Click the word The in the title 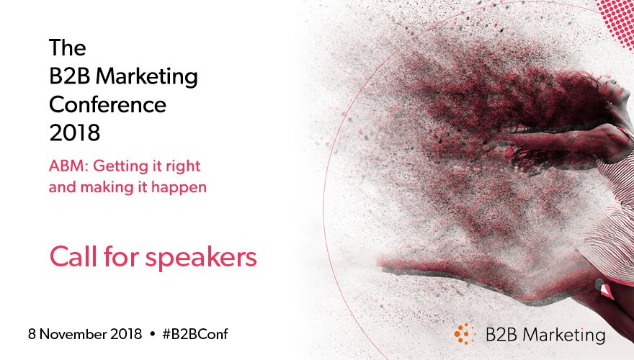coord(67,48)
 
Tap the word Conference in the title coord(107,105)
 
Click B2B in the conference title coord(73,76)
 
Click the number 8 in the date coord(32,335)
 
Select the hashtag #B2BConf coord(199,335)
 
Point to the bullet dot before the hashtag coord(152,335)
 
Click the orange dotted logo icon coord(465,334)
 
